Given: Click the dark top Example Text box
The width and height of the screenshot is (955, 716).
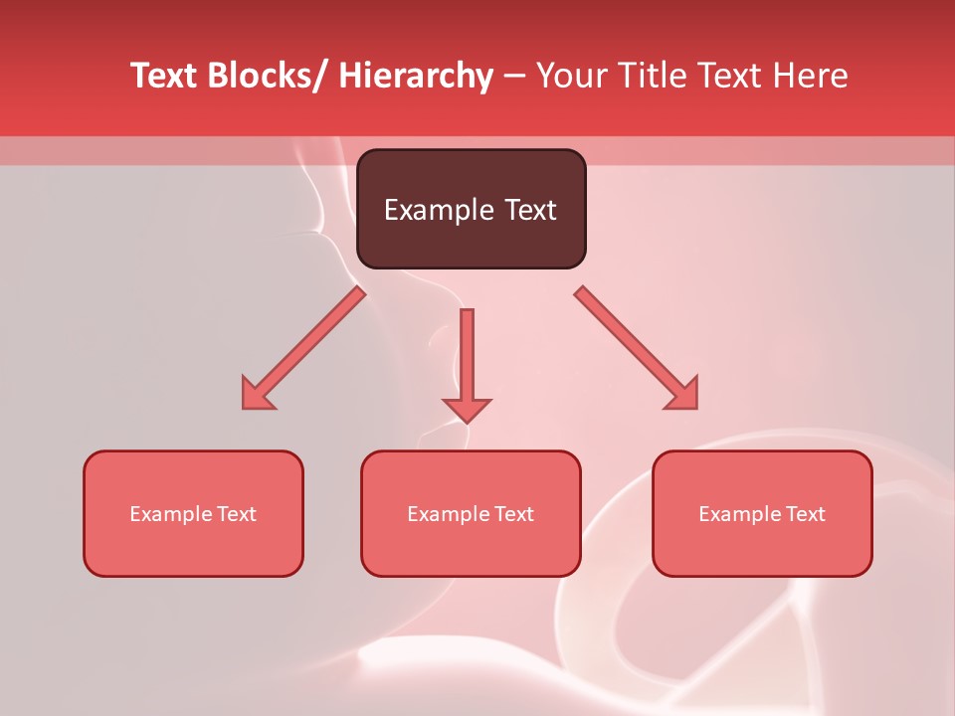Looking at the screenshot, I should [471, 209].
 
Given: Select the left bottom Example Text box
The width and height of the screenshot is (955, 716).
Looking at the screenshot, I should [193, 513].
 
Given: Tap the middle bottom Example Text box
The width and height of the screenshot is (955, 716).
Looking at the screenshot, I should [471, 513].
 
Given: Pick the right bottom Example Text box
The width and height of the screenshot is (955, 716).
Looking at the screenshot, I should [762, 513].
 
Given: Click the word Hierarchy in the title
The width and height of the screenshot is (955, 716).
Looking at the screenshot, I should [416, 76].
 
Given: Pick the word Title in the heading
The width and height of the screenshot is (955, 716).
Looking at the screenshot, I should [656, 76].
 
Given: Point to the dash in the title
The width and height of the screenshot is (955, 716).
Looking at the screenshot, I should [514, 77].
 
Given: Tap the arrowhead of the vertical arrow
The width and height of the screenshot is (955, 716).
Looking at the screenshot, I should [467, 409].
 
